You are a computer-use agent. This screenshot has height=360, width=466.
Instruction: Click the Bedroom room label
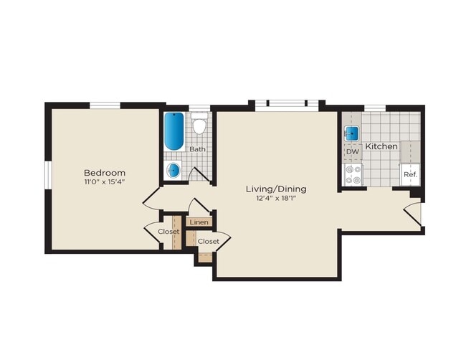[105, 173]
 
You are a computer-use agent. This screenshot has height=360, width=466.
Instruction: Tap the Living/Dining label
[276, 189]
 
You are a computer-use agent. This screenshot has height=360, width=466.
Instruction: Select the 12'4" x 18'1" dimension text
[276, 199]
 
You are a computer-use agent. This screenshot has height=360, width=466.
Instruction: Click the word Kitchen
[381, 146]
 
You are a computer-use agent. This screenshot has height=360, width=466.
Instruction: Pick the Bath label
[197, 149]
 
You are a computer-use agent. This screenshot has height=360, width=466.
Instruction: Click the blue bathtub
[173, 131]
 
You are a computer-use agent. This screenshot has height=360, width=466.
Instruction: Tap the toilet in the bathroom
[199, 124]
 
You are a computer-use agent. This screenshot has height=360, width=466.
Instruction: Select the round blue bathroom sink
[173, 170]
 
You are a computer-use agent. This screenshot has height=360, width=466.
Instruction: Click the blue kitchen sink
[352, 133]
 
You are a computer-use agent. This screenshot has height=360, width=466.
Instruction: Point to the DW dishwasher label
[352, 152]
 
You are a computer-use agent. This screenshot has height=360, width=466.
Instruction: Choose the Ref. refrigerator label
[410, 174]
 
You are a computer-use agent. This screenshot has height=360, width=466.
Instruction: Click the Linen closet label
[199, 223]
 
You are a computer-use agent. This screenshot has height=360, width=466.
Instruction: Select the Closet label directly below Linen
[208, 241]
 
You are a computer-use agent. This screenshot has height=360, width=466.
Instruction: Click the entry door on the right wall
[412, 213]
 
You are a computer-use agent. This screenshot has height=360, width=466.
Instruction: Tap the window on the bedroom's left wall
[47, 176]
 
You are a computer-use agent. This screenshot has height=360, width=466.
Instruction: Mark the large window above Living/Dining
[287, 105]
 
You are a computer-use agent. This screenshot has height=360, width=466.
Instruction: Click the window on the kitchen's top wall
[375, 108]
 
